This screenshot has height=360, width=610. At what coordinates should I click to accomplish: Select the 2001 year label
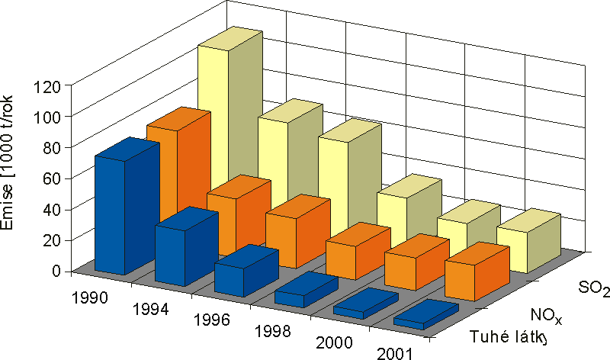(x=396, y=352)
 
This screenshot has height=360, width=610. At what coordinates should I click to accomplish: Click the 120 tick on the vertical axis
(x=47, y=85)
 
